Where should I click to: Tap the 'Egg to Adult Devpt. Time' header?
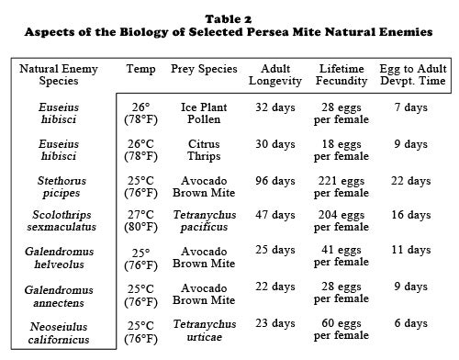(x=409, y=75)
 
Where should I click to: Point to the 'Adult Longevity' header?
(x=275, y=75)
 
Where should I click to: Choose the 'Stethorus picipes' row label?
(x=59, y=186)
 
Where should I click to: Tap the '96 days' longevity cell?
(x=275, y=181)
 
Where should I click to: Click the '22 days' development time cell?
(x=409, y=181)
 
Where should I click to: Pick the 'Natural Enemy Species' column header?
(x=59, y=75)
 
